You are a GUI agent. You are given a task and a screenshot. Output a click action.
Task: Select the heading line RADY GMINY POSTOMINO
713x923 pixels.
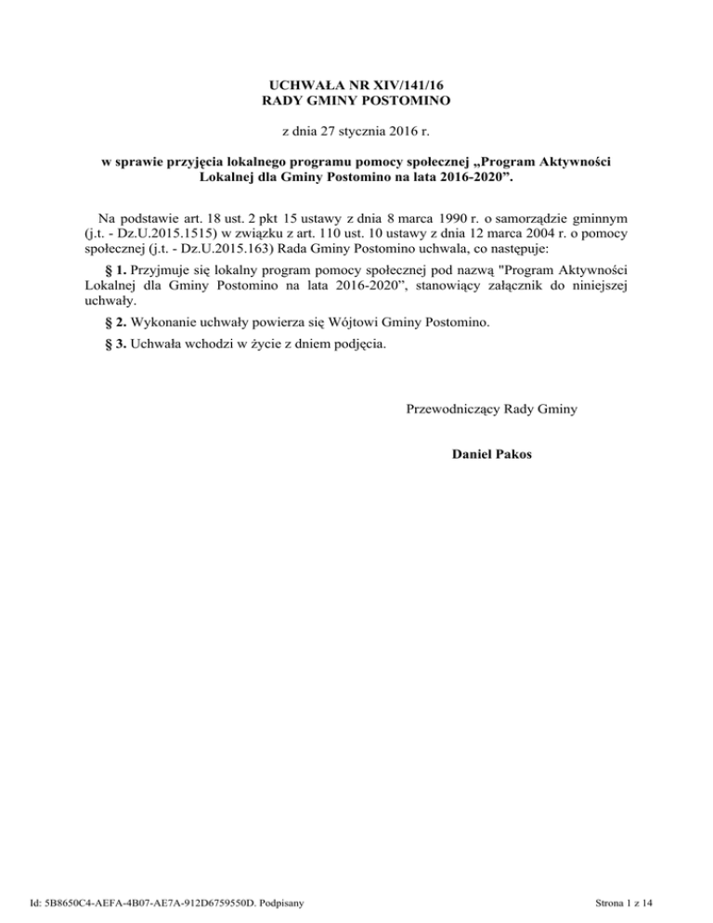click(x=357, y=98)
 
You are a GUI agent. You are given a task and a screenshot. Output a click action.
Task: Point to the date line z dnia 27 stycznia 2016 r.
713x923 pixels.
click(x=357, y=132)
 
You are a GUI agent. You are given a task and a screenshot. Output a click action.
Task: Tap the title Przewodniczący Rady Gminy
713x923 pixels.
click(x=491, y=409)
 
